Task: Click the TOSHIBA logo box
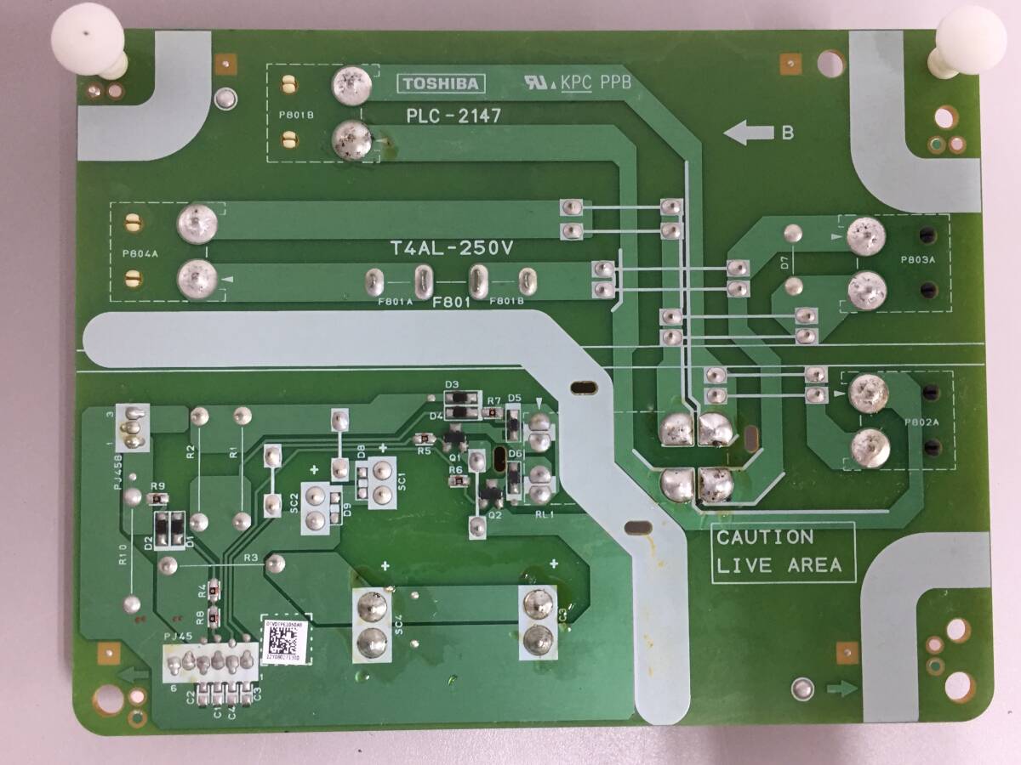[x=441, y=83]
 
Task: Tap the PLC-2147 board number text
[x=453, y=115]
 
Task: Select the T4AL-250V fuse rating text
[x=453, y=249]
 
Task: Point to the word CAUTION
[x=765, y=537]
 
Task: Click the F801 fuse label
[x=451, y=303]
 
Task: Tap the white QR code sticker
[x=284, y=640]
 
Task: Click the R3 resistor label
[x=250, y=558]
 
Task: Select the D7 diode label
[x=784, y=263]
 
